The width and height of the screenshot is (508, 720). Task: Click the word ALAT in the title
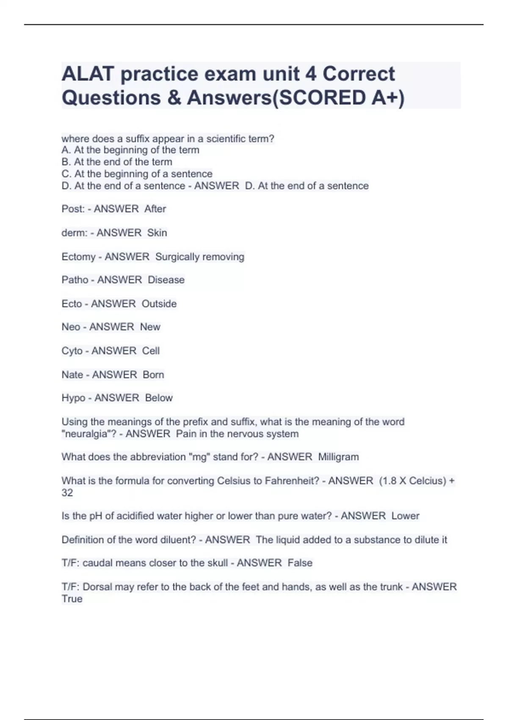pos(88,74)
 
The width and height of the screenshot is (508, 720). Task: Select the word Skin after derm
pos(157,233)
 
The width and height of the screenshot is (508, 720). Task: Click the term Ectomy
pos(78,257)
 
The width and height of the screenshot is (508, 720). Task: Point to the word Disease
pos(166,280)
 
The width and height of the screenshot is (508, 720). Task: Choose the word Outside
pos(159,304)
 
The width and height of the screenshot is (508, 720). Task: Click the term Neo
pos(71,327)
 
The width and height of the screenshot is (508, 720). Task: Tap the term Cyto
pos(72,351)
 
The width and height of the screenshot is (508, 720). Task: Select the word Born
pos(153,375)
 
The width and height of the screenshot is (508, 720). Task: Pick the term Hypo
pos(73,398)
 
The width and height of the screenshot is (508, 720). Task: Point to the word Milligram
pos(338,457)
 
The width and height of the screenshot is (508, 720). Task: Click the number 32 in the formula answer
pos(67,493)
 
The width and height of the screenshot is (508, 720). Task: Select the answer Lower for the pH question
pos(405,516)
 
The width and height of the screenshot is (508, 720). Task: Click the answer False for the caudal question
pos(300,563)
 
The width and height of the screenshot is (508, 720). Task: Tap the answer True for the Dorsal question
pos(72,599)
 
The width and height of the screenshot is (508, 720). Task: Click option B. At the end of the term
pos(117,162)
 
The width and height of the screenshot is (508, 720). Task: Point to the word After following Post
pos(155,209)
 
